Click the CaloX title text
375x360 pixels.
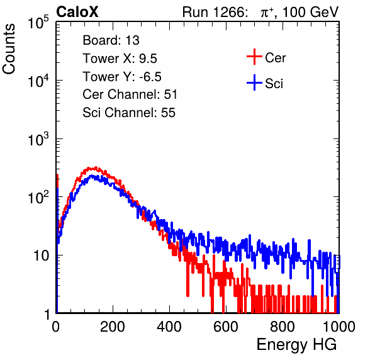pos(77,12)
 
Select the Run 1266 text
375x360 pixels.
pos(213,12)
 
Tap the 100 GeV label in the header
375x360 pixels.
pos(310,12)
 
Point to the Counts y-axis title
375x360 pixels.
pos(9,49)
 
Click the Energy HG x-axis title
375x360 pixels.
pos(296,345)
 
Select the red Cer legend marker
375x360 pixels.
pos(254,57)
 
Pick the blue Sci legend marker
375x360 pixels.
pos(254,82)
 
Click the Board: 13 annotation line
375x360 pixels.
pos(111,40)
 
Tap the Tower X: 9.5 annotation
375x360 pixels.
pos(120,59)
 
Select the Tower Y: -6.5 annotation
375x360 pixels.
pos(122,77)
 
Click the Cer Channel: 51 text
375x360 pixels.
pos(130,94)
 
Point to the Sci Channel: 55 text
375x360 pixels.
pos(129,113)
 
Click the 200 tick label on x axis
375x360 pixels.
pos(113,327)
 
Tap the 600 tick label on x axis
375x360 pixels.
pos(226,327)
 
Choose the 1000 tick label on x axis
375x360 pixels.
pos(339,327)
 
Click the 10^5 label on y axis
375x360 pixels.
pos(38,22)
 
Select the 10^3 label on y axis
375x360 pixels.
pos(38,139)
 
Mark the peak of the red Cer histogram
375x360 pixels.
pos(96,167)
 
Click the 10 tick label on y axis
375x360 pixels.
pos(41,256)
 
